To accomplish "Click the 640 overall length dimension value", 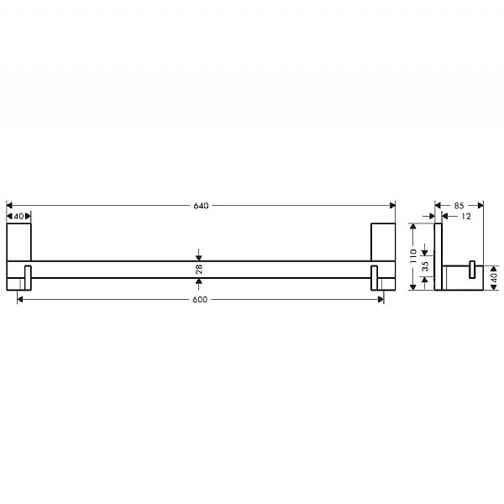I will pyautogui.click(x=200, y=205).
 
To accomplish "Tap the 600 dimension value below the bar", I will pyautogui.click(x=200, y=300).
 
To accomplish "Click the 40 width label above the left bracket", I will pyautogui.click(x=19, y=216).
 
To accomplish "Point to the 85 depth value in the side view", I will pyautogui.click(x=459, y=205).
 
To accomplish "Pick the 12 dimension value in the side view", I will pyautogui.click(x=465, y=216).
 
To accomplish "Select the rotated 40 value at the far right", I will pyautogui.click(x=494, y=276).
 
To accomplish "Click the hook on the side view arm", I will pyautogui.click(x=473, y=270).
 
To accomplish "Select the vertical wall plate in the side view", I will pyautogui.click(x=438, y=257).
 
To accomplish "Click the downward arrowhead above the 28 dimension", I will pyautogui.click(x=198, y=256).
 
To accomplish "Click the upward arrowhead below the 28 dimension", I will pyautogui.click(x=198, y=281).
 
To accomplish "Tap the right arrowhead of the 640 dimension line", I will pyautogui.click(x=391, y=205).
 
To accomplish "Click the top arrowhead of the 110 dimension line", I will pyautogui.click(x=413, y=226).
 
